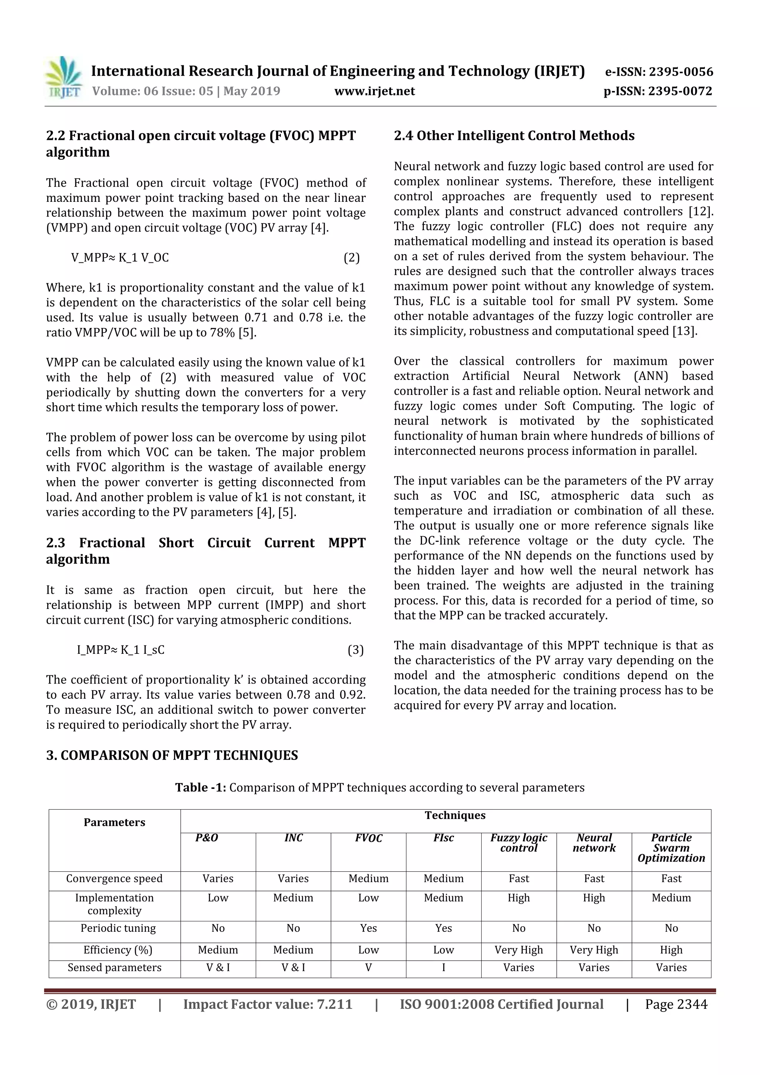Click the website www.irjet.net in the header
(374, 91)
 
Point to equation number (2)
(352, 258)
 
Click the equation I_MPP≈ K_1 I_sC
(121, 649)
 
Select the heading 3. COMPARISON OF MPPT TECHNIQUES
(172, 755)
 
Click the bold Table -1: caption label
(200, 787)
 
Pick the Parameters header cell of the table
(114, 822)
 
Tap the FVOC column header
(368, 838)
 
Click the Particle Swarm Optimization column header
(671, 848)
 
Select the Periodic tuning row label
(118, 928)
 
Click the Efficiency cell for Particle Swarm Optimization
(671, 950)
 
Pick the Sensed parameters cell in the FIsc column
(443, 967)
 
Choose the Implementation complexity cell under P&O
(218, 898)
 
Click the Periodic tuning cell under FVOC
(368, 928)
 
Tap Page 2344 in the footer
(676, 1004)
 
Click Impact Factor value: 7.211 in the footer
(268, 1004)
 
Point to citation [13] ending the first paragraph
(685, 331)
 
